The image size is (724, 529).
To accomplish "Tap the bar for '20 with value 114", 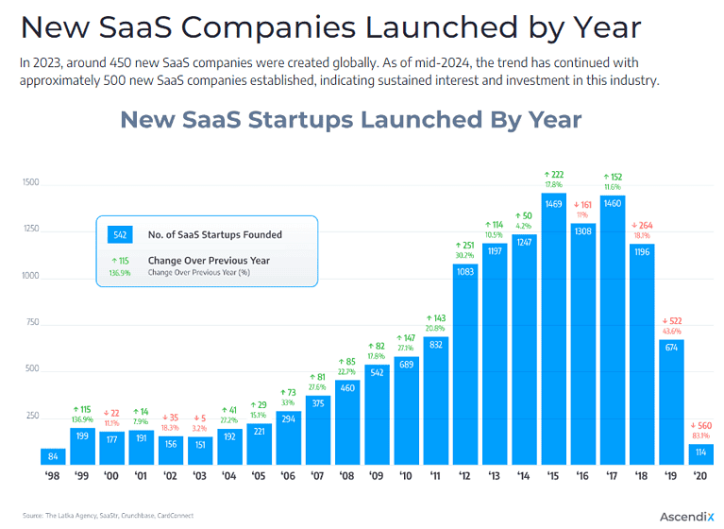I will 700,453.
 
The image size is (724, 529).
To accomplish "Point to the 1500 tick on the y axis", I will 31,182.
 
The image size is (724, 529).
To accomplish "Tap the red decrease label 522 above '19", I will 671,321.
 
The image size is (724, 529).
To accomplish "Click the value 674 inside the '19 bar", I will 671,348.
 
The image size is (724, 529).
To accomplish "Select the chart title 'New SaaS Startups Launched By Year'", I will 351,120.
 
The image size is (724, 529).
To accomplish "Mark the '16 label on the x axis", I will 583,477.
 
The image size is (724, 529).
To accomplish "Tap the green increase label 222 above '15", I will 554,175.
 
